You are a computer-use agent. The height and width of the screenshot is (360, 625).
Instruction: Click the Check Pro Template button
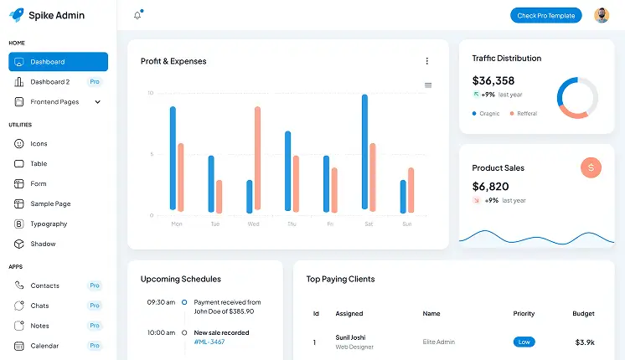[545, 15]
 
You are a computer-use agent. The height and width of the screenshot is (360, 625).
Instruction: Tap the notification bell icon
[137, 15]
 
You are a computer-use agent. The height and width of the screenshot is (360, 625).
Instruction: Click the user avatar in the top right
[602, 15]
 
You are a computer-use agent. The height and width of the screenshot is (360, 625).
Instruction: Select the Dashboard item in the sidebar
[58, 62]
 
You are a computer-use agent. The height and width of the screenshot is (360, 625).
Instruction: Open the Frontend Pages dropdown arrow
[97, 102]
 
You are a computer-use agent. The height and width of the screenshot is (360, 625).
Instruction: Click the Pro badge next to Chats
[95, 306]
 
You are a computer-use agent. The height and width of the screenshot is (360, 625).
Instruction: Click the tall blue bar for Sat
[364, 152]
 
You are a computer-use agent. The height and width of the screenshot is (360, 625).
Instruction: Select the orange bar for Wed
[257, 158]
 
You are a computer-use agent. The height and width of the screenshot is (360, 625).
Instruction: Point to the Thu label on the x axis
[292, 224]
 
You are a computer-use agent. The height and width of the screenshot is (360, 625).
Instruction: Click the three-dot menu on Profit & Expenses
[426, 61]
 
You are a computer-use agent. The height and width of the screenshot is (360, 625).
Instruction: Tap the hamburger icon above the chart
[428, 85]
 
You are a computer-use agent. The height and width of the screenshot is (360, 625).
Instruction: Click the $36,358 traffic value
[493, 80]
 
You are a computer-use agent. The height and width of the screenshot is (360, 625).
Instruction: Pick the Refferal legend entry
[526, 113]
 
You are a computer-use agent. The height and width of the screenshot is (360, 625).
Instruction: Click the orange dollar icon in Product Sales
[591, 167]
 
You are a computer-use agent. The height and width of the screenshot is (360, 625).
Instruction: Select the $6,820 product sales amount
[490, 186]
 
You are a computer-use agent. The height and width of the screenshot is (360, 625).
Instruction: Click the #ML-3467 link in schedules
[209, 342]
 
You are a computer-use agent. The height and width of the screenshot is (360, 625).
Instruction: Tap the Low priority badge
[524, 342]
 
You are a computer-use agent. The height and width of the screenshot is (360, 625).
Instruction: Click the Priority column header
[524, 313]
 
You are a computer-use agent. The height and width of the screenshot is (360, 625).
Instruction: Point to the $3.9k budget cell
[584, 342]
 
